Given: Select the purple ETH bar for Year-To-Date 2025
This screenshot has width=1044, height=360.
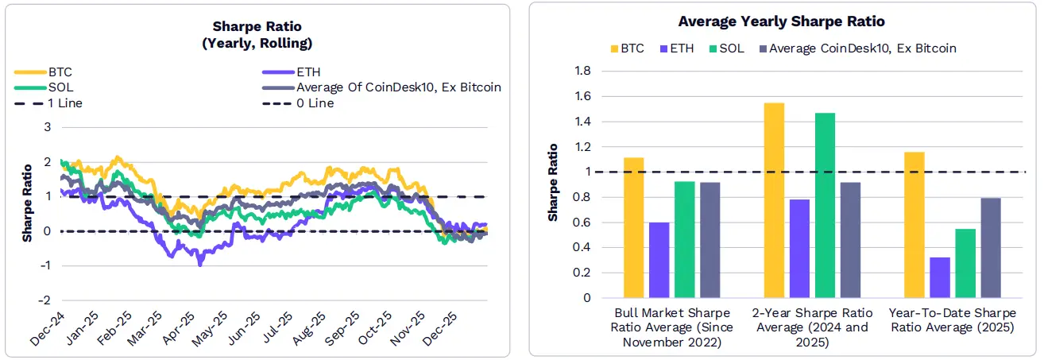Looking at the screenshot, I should [x=939, y=277].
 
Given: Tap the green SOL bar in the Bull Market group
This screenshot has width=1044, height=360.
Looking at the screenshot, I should [x=684, y=239].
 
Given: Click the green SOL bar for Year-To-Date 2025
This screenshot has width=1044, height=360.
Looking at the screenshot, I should [x=965, y=263].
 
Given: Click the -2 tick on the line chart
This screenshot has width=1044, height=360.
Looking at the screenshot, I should [x=47, y=300].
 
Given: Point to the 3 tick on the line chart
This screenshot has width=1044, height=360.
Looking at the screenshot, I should [x=48, y=127].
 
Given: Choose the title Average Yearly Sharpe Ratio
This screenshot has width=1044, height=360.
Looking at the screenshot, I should [x=781, y=21].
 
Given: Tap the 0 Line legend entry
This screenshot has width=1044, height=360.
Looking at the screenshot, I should [x=315, y=103].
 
